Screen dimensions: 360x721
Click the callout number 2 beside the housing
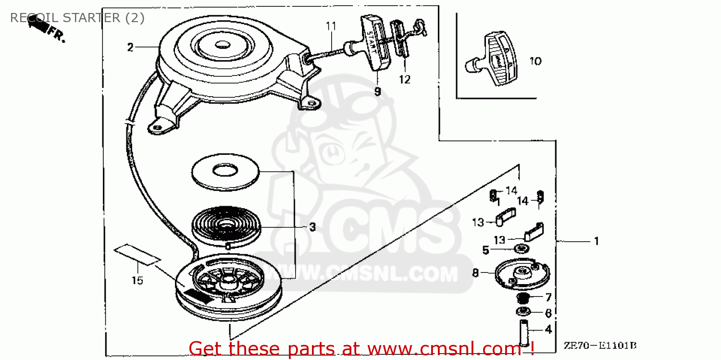[x=130, y=47]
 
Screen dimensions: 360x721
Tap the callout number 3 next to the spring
[x=312, y=227]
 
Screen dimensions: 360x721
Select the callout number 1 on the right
[x=597, y=241]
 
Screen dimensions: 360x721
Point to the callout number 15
[x=137, y=280]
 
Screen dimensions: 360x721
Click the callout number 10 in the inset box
[x=535, y=61]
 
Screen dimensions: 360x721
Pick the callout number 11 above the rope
[x=331, y=26]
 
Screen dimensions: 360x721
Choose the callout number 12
[x=405, y=80]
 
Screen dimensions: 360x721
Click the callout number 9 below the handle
[x=377, y=90]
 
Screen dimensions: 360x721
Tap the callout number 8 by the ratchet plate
[x=475, y=273]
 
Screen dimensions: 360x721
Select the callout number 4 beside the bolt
[x=548, y=330]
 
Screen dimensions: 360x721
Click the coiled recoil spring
[x=225, y=226]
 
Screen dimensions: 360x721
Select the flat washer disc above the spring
[x=224, y=171]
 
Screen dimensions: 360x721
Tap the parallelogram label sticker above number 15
[x=137, y=254]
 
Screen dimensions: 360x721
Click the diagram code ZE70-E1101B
[x=600, y=345]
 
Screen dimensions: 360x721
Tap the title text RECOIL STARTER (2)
[x=77, y=18]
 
